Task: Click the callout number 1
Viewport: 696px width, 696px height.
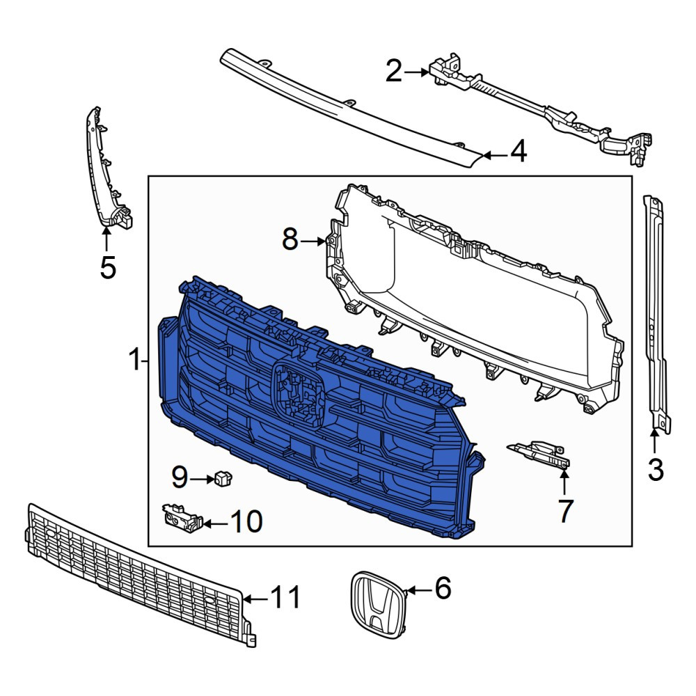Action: [134, 360]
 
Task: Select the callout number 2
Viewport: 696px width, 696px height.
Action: [394, 72]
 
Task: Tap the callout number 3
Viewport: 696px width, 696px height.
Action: [656, 470]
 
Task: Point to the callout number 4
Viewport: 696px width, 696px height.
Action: [519, 151]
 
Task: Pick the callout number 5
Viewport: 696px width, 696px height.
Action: [108, 268]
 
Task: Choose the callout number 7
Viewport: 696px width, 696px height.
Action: [564, 511]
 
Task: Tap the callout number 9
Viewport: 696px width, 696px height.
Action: [180, 477]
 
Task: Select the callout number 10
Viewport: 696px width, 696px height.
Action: [247, 521]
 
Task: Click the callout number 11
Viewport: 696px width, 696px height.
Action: [285, 597]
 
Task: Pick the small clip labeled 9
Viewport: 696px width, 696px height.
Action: [223, 478]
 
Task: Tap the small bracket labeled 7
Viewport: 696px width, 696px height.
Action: [540, 454]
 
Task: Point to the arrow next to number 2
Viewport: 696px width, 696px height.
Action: [416, 72]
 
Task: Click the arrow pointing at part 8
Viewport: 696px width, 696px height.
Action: [313, 242]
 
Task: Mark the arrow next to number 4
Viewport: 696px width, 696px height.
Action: [495, 155]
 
